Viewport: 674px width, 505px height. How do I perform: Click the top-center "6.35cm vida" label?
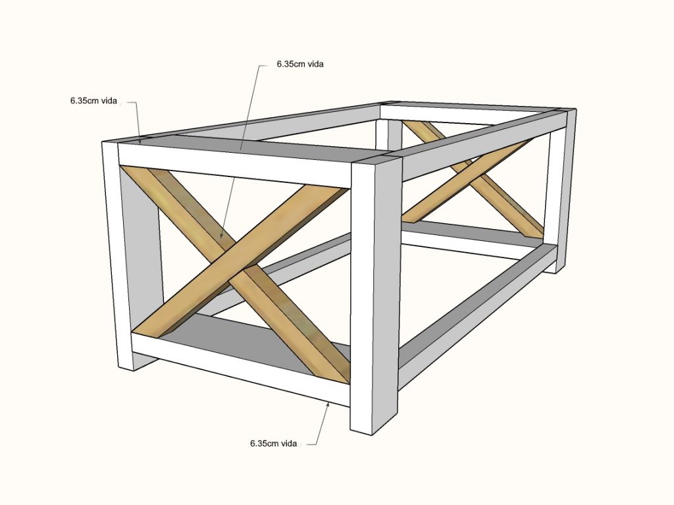tap(300, 64)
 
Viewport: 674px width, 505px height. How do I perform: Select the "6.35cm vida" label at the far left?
tap(93, 101)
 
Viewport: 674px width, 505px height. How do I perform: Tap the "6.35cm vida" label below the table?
tap(273, 443)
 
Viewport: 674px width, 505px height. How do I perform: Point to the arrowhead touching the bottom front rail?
tap(328, 404)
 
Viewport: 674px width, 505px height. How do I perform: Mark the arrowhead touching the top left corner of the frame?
tap(140, 141)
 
